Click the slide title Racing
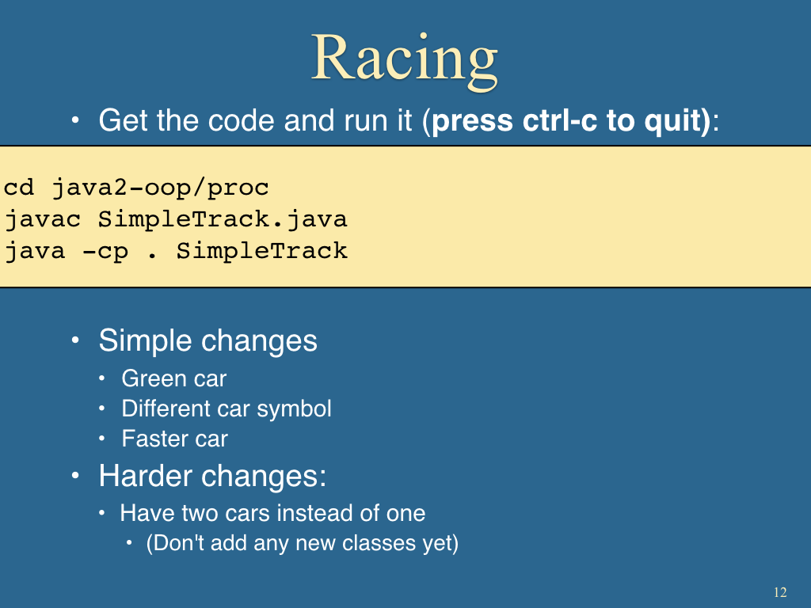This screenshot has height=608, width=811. point(405,61)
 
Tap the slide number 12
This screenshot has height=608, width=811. point(780,592)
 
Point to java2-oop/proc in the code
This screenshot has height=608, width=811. point(160,188)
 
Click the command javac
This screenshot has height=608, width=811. point(43,220)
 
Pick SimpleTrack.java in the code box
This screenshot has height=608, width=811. point(223,220)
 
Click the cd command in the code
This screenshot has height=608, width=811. point(19,187)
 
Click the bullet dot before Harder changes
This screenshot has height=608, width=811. point(75,475)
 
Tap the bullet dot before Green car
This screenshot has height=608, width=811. point(102,379)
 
